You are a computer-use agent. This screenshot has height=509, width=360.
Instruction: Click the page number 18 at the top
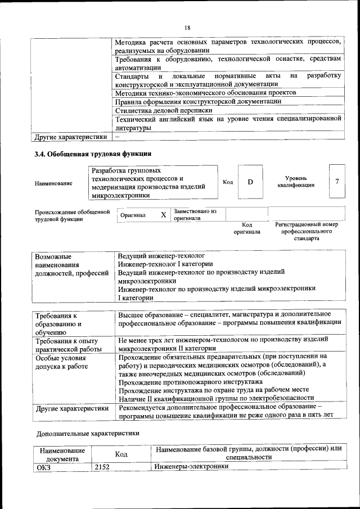pyautogui.click(x=187, y=28)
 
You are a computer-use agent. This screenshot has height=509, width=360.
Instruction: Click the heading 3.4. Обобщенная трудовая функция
pyautogui.click(x=93, y=153)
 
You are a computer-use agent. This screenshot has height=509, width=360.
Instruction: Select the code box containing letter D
pyautogui.click(x=250, y=182)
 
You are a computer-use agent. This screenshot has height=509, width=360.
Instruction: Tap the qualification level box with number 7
pyautogui.click(x=336, y=181)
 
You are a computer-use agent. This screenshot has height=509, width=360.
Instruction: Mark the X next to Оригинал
pyautogui.click(x=163, y=215)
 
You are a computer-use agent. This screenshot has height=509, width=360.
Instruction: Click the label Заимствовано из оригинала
pyautogui.click(x=195, y=214)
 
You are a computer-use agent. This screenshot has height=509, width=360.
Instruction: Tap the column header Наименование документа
pyautogui.click(x=62, y=454)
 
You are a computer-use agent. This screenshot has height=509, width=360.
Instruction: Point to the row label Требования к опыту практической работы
pyautogui.click(x=67, y=345)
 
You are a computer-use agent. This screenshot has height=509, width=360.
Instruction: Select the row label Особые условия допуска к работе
pyautogui.click(x=62, y=362)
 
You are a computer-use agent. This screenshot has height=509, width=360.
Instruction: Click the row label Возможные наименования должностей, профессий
pyautogui.click(x=71, y=264)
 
